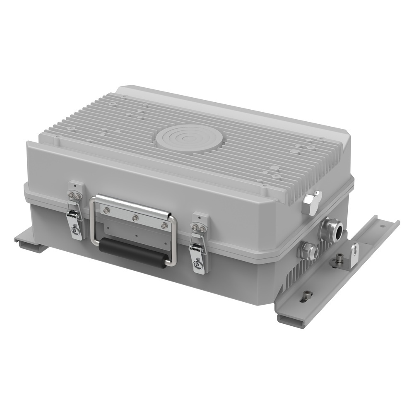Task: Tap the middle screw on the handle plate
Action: click(135, 218)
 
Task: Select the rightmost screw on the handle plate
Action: click(164, 226)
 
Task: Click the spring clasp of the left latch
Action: click(74, 214)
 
